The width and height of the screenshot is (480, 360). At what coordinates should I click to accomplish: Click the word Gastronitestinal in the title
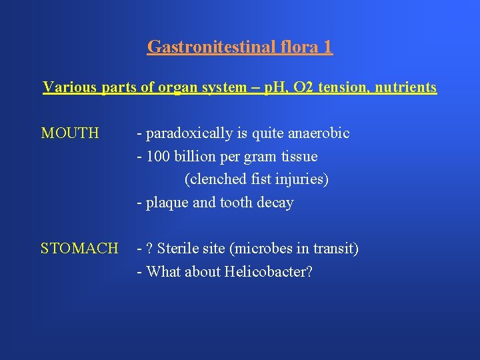click(x=203, y=47)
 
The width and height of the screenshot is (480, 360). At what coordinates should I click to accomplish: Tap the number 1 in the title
click(x=326, y=47)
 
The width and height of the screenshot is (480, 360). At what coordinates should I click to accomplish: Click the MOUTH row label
click(x=70, y=133)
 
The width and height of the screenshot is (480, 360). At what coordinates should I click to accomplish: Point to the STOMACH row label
click(x=79, y=249)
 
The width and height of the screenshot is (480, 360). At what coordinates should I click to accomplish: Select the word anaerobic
click(x=319, y=133)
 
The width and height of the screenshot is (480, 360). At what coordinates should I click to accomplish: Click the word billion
click(x=191, y=157)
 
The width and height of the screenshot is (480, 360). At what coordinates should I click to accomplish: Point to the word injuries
click(x=304, y=179)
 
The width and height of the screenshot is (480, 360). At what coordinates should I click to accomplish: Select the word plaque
click(x=167, y=203)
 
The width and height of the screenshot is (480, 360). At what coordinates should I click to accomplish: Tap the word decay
click(x=275, y=203)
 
